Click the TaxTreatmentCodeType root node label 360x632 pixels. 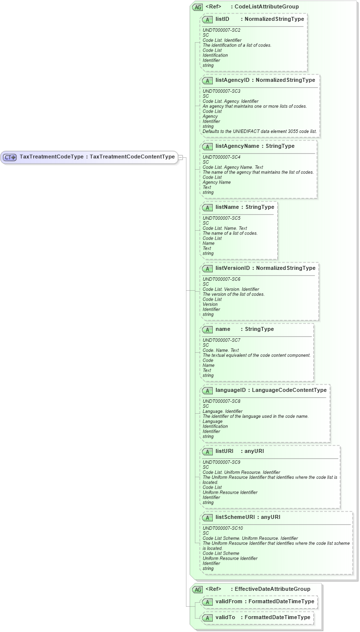97,157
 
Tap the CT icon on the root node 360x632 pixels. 10,157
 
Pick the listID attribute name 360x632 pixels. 222,19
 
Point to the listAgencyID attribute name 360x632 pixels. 233,80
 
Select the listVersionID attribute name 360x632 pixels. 233,268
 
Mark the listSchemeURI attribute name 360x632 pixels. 235,517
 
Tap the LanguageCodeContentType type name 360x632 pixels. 289,390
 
